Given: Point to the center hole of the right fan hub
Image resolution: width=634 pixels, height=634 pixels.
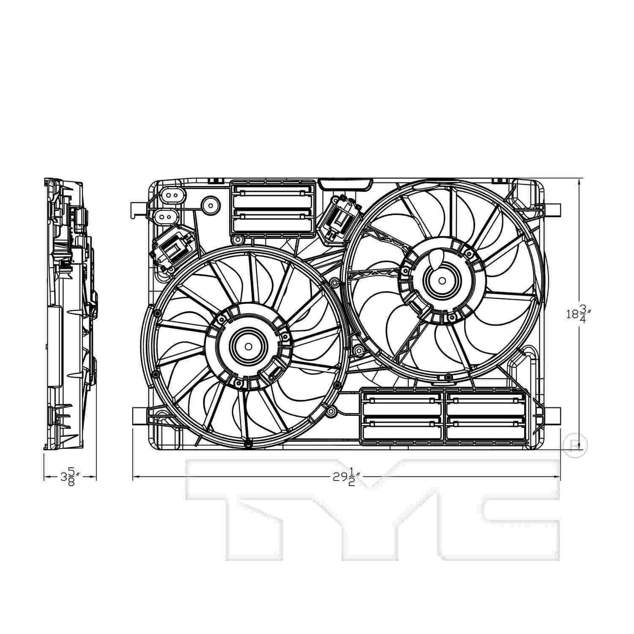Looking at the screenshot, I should point(442,280).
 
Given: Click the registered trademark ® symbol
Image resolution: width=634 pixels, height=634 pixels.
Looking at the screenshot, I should point(575,445).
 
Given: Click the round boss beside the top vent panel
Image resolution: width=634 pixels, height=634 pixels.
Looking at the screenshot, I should point(210,205).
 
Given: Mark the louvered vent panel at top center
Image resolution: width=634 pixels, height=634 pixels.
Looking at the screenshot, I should point(273,208).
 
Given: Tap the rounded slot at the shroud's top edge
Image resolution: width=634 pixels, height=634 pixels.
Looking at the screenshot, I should point(345,184).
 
